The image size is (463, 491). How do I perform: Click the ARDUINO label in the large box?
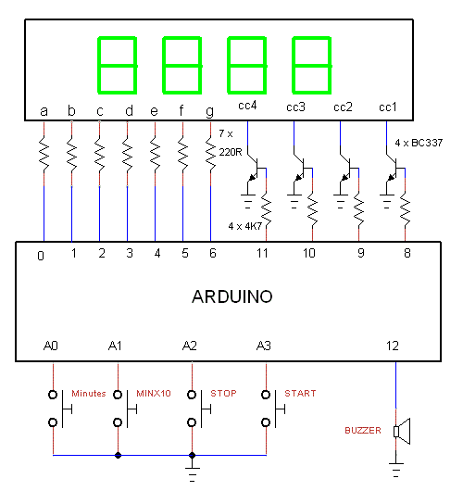232,296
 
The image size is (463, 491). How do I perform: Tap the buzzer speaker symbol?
402,431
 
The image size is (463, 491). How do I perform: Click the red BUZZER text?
363,431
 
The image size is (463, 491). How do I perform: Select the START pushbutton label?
300,394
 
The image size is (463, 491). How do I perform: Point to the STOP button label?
223,394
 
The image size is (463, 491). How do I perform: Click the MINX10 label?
154,394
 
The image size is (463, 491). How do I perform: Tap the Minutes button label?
89,394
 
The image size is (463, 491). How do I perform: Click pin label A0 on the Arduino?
51,346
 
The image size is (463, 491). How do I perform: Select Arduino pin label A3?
264,346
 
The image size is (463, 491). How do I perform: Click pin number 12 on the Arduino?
393,346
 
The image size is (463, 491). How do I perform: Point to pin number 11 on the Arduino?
262,253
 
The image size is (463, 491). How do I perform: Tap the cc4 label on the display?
247,106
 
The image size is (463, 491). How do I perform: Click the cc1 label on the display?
388,107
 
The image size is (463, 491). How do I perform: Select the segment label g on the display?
210,112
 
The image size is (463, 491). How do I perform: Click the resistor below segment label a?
44,154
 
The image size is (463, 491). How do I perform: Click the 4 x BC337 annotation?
419,143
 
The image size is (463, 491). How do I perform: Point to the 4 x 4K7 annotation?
244,226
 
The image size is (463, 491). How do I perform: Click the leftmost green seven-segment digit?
118,66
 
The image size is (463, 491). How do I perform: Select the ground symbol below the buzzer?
396,470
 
